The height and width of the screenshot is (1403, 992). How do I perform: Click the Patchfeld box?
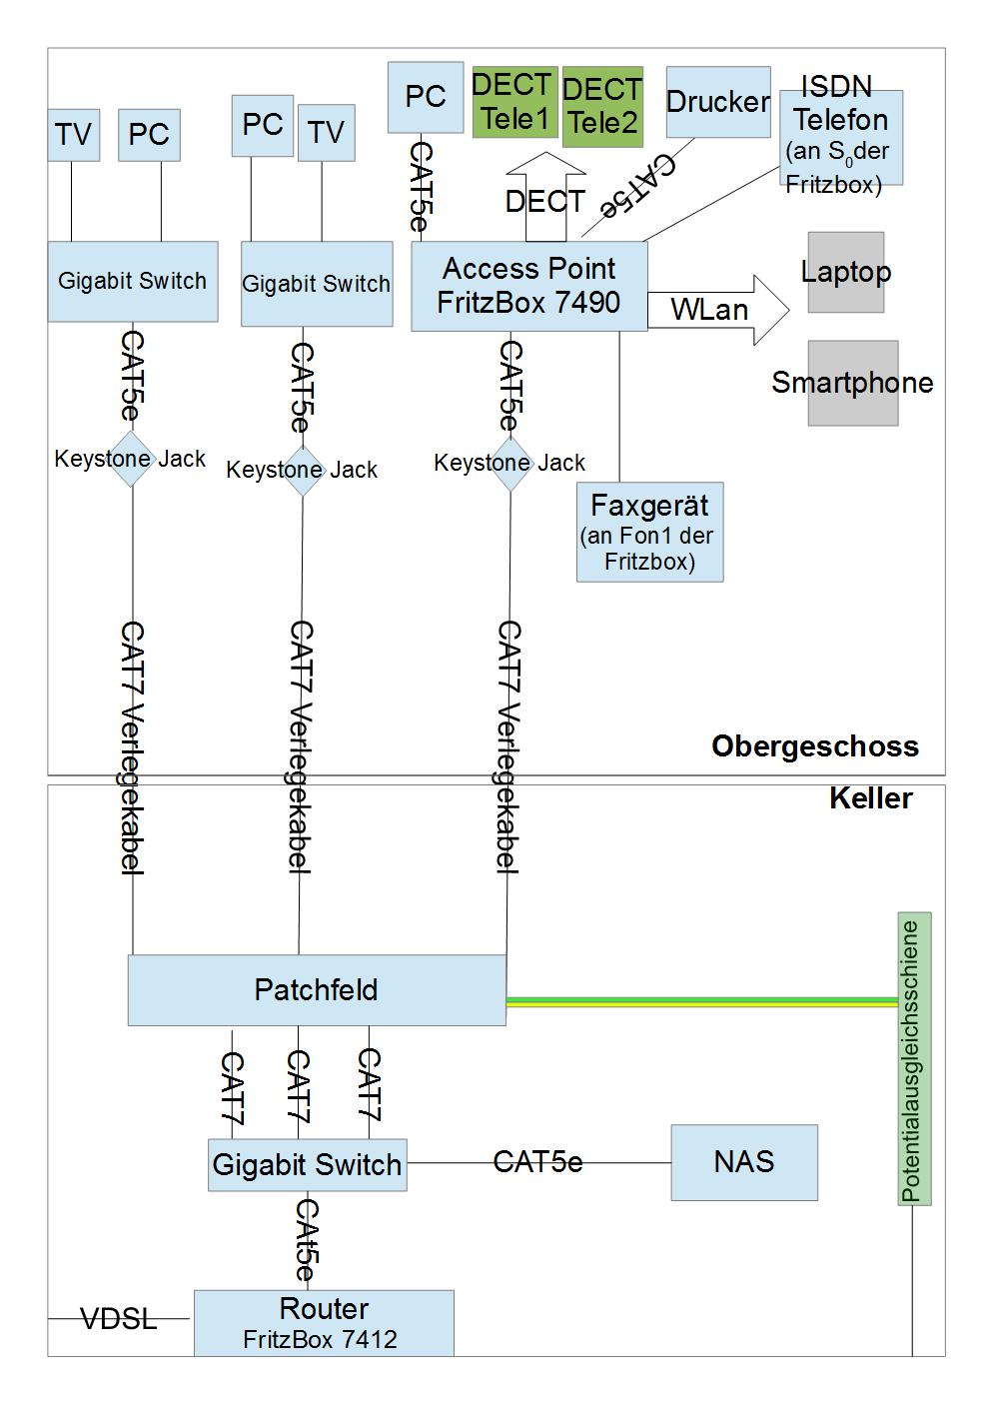point(317,989)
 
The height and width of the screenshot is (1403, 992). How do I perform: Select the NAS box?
point(744,1162)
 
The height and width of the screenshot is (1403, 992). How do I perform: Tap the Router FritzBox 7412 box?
point(324,1323)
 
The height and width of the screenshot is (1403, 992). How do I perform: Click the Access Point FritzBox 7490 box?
point(529,286)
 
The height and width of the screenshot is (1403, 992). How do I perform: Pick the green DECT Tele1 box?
point(514,102)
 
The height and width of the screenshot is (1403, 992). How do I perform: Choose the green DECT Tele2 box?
point(601,107)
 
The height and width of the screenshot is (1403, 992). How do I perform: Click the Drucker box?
point(718,101)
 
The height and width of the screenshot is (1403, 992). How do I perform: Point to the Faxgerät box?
point(649,532)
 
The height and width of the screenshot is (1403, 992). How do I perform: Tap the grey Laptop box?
point(846,272)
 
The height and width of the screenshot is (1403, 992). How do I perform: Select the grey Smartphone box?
point(853,383)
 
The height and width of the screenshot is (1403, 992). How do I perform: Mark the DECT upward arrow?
point(545,196)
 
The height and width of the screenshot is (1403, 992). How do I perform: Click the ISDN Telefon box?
point(841,137)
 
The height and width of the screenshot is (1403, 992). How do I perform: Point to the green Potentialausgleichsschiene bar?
point(914,1058)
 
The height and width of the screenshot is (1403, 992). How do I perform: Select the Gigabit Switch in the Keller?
point(307,1165)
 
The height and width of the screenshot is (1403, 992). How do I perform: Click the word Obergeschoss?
point(814,746)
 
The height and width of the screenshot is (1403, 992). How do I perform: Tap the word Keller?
point(870,798)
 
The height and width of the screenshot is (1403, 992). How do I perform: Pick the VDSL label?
point(119,1319)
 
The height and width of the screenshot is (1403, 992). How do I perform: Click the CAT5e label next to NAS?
point(537,1162)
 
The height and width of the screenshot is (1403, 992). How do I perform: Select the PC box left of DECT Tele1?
point(426,97)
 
